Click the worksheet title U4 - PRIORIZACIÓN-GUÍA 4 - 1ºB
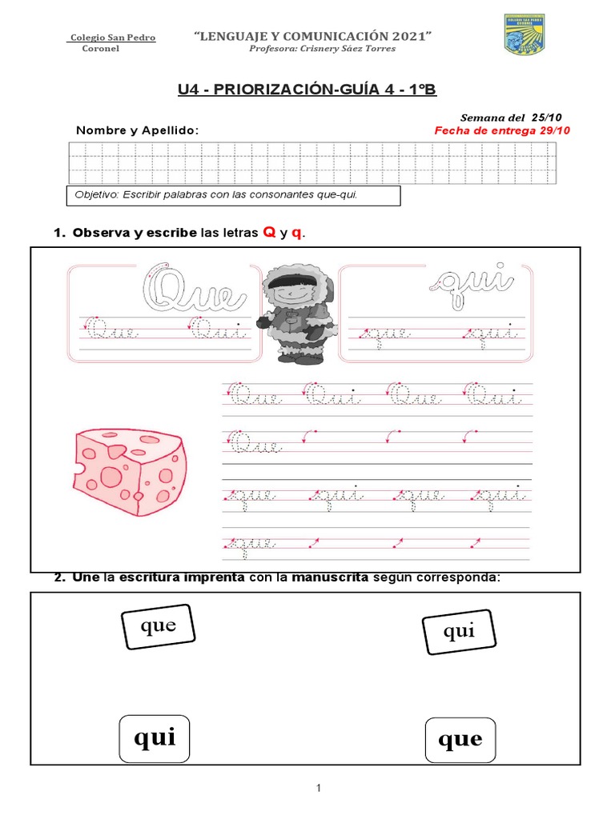pyautogui.click(x=307, y=90)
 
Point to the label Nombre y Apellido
pyautogui.click(x=137, y=130)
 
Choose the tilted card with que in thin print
pyautogui.click(x=159, y=626)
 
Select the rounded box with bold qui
pyautogui.click(x=155, y=738)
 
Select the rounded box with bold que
pyautogui.click(x=460, y=740)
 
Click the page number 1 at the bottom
pyautogui.click(x=318, y=789)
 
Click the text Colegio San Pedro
pyautogui.click(x=112, y=38)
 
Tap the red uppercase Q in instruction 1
pyautogui.click(x=270, y=233)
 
